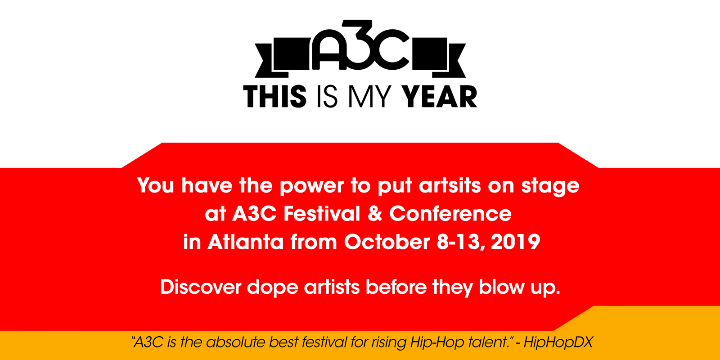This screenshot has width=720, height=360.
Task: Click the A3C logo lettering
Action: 360,45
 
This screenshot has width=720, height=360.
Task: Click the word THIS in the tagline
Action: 275,96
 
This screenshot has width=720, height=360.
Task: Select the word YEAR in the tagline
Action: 439,96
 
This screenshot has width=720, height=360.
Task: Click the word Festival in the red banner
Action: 322,213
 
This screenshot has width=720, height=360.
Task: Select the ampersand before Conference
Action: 375,213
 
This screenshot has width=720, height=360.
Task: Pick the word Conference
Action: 450,213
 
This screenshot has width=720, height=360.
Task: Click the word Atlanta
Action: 246,241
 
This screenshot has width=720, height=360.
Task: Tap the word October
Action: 387,241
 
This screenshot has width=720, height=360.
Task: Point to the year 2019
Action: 516,241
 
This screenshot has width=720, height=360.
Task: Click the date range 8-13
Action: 461,242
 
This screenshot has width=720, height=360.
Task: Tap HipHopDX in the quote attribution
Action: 558,342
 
